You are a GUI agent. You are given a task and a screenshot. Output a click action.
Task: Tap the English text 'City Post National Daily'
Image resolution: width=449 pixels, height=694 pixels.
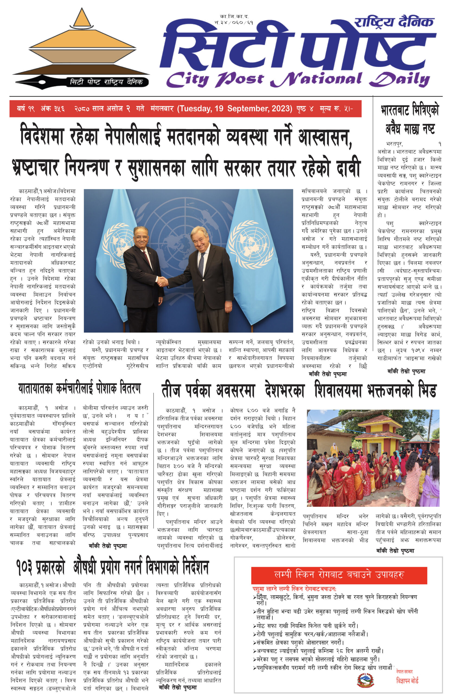tap(297, 79)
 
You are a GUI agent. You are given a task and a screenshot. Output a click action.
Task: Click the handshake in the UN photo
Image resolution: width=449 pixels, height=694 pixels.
tap(162, 282)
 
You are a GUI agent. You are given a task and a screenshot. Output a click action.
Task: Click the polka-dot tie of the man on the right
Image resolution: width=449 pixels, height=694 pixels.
tap(201, 264)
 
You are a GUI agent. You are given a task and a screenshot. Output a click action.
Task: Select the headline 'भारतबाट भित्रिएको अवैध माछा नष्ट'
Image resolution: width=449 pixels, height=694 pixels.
tap(409, 120)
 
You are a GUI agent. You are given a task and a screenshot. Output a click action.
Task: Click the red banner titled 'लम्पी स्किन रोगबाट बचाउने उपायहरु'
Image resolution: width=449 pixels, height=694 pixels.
tap(339, 574)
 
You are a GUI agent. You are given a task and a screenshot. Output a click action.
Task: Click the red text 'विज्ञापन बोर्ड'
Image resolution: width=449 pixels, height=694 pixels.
tap(407, 681)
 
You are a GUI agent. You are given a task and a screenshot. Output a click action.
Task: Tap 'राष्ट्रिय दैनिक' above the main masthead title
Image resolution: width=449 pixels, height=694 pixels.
tap(394, 22)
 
